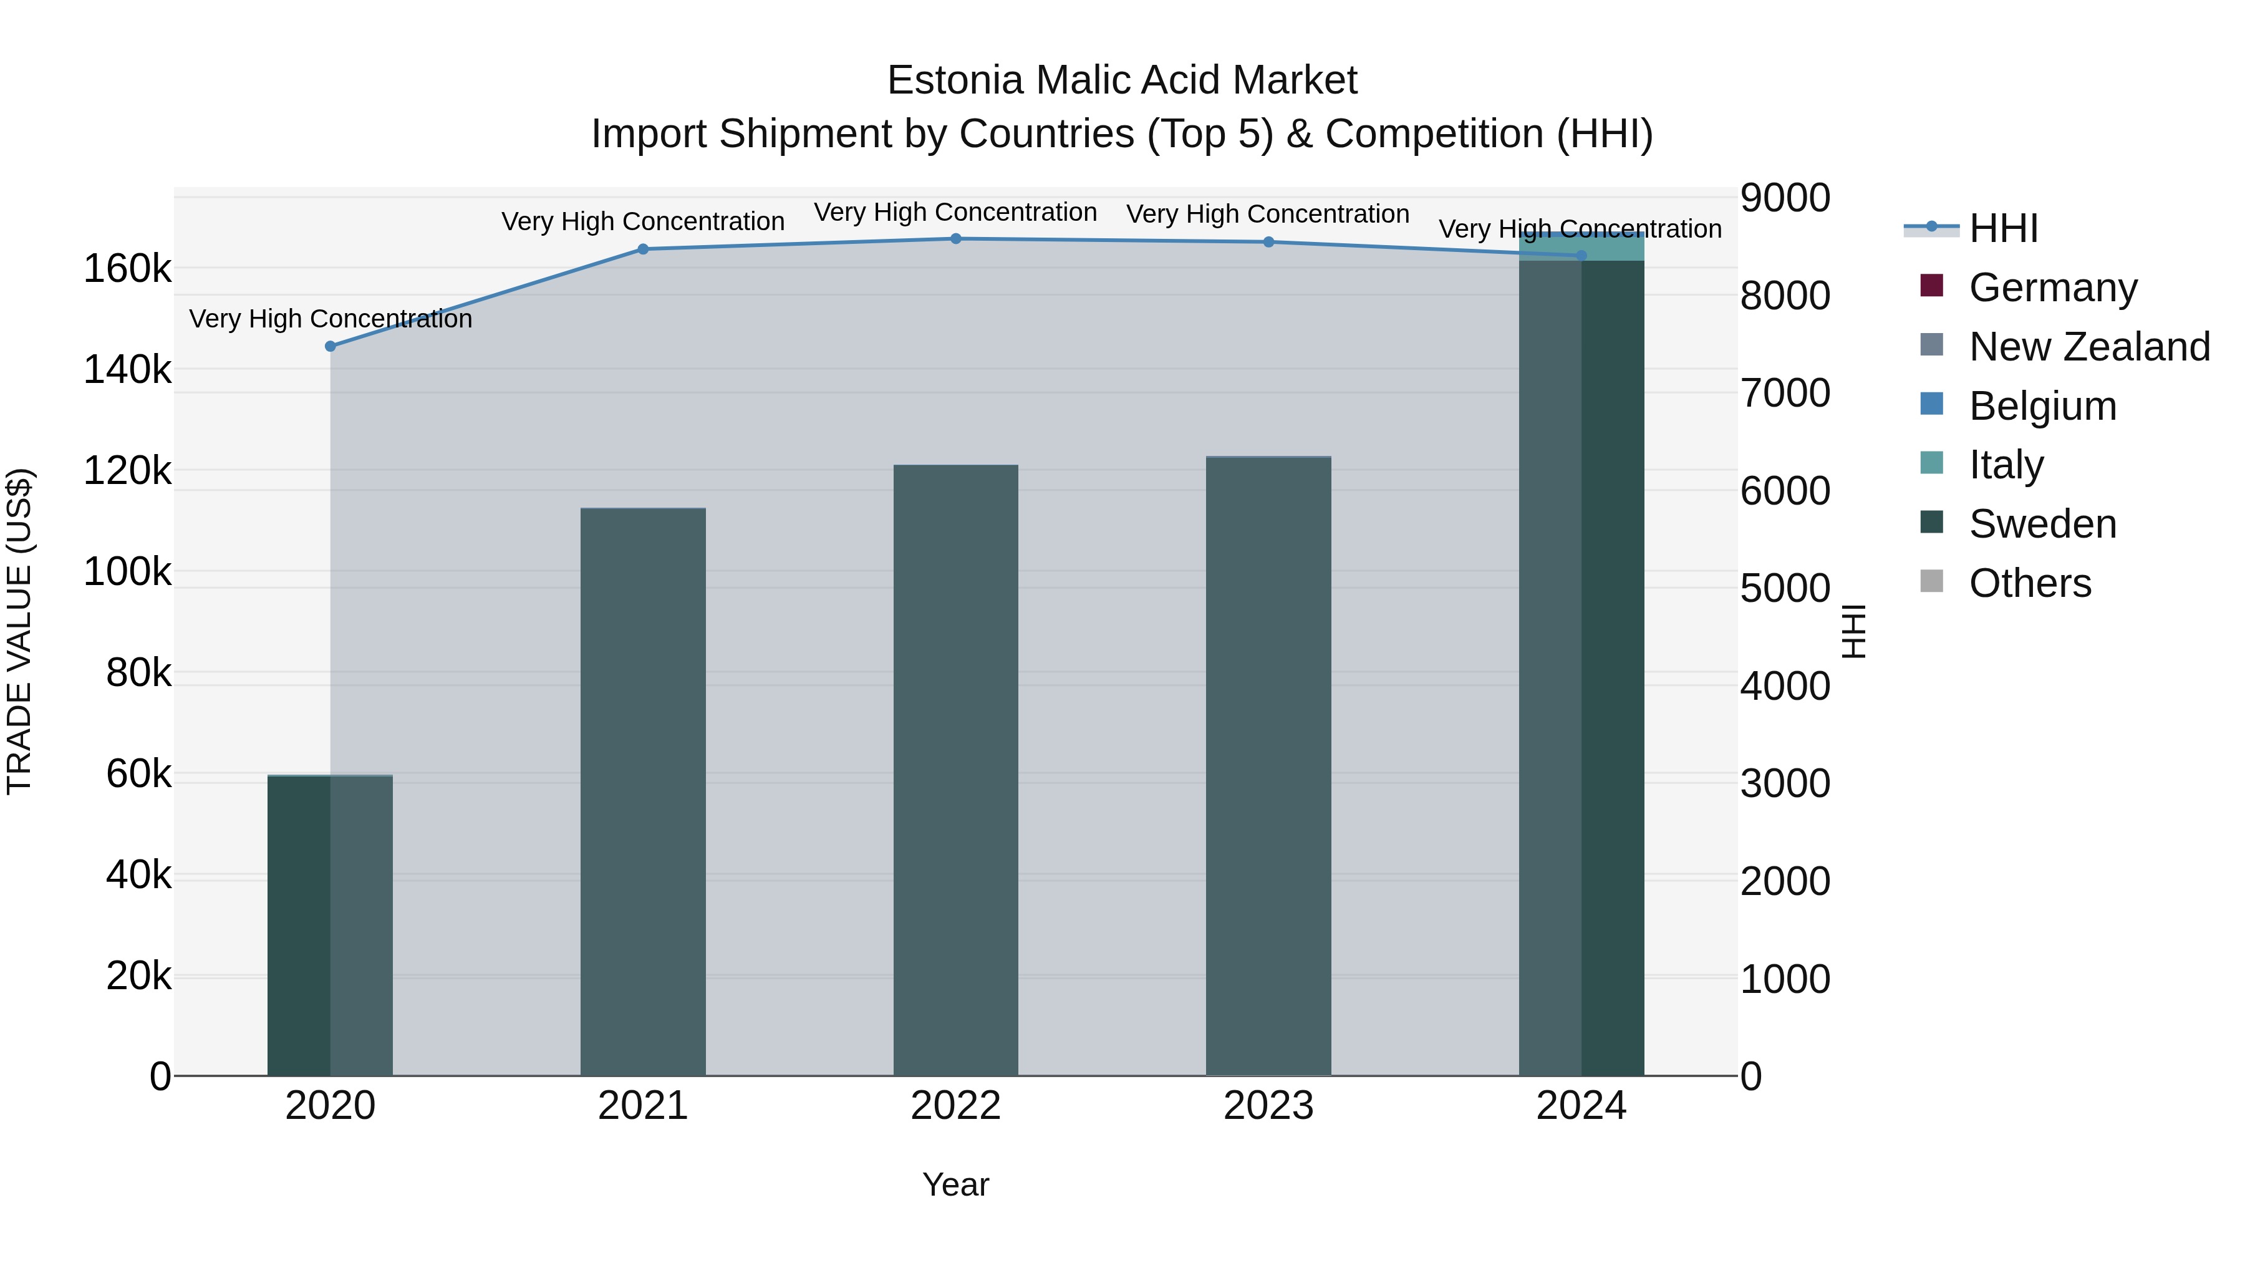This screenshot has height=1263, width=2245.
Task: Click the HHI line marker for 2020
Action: tap(331, 346)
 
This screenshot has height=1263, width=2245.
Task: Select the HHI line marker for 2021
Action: tap(643, 249)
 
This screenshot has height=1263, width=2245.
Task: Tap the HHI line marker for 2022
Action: tap(956, 239)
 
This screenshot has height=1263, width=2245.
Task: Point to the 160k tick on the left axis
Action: tap(127, 269)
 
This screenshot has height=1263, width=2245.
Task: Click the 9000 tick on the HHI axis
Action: tap(1785, 198)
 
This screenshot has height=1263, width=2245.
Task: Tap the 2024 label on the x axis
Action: tap(1581, 1106)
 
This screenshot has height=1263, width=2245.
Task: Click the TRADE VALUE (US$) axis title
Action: tap(20, 631)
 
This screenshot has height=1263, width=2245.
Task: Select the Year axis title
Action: tap(956, 1184)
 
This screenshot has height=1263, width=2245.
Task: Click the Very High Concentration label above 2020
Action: tap(331, 319)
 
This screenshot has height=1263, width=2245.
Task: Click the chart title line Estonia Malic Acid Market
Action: tap(1122, 81)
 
